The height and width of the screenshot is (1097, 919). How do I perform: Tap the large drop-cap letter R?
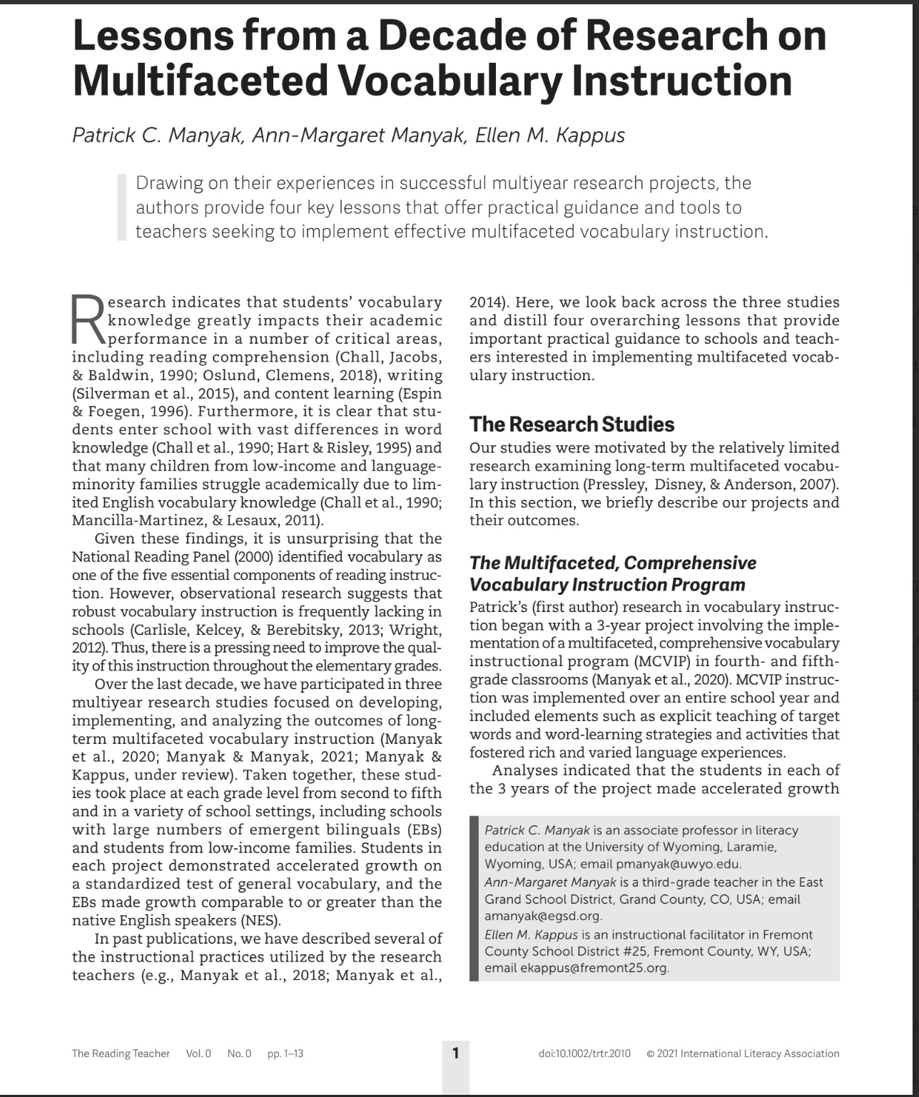[88, 319]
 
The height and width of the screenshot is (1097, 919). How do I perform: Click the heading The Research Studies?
[572, 424]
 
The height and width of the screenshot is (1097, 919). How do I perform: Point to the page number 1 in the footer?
[456, 1053]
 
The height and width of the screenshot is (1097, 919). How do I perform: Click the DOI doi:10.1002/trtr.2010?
[584, 1053]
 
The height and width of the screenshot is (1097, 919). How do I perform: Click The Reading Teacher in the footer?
[121, 1053]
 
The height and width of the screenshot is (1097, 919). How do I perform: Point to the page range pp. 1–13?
[285, 1053]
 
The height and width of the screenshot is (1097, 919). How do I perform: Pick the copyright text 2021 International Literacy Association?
[748, 1053]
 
